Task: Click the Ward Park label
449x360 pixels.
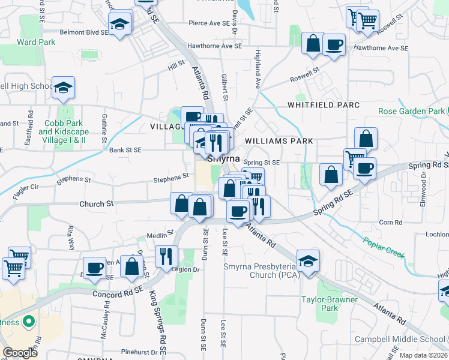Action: click(x=36, y=42)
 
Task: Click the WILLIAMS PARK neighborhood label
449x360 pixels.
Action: click(x=279, y=141)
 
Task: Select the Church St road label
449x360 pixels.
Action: click(x=97, y=204)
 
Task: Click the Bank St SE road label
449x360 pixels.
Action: click(x=125, y=150)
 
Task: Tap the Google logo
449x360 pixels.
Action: click(x=20, y=353)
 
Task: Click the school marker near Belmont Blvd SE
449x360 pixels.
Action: click(x=119, y=24)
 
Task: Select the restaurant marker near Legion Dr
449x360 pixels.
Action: click(x=166, y=256)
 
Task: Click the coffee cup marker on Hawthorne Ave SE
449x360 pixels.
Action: click(x=334, y=44)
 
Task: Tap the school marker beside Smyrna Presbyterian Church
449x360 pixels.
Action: click(x=308, y=261)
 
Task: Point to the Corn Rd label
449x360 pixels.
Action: click(x=390, y=223)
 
